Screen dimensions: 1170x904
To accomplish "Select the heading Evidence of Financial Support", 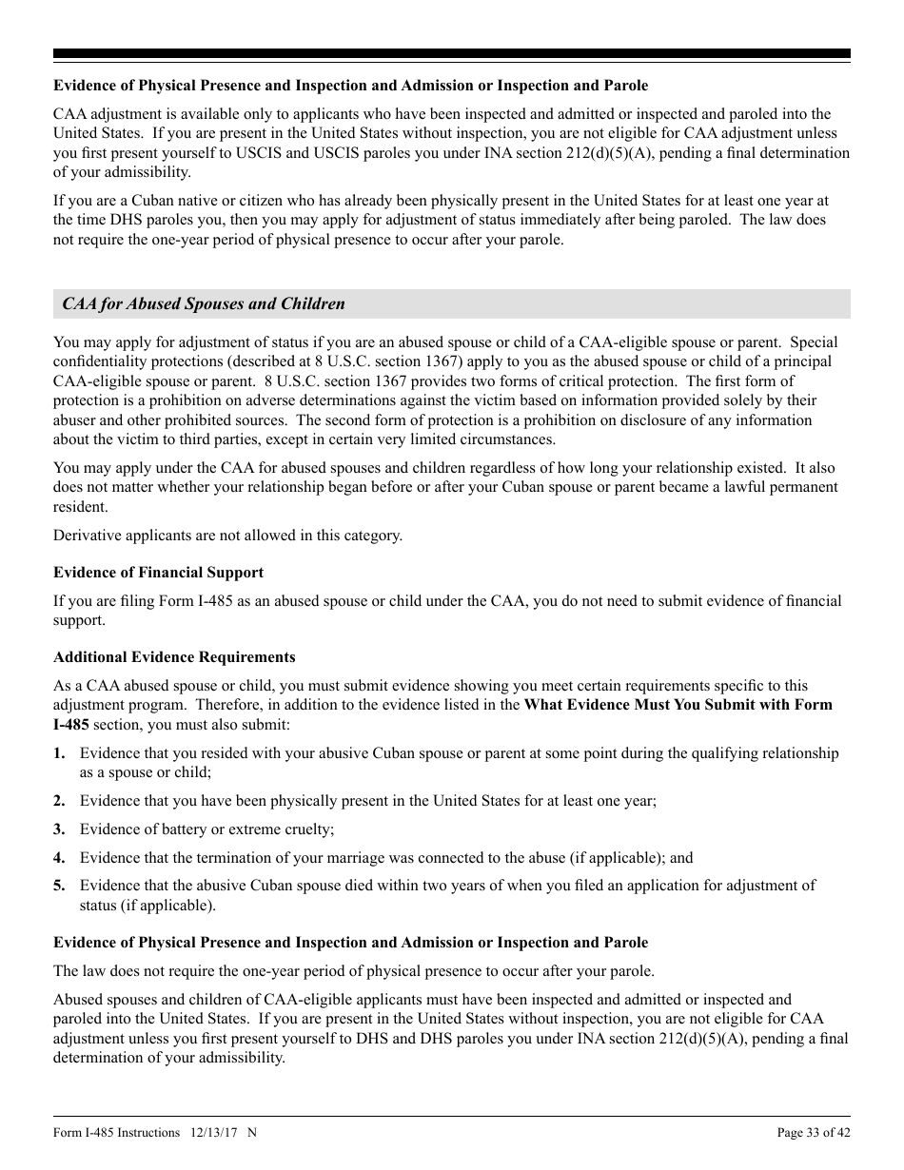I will click(158, 573).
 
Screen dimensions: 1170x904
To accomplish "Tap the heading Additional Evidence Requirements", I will click(174, 657).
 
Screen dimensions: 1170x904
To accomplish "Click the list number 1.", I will click(59, 753).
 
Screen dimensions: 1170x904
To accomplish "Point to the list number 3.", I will click(59, 829).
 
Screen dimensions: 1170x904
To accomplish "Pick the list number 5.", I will click(59, 886).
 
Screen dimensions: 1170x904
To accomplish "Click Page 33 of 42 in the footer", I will click(814, 1132).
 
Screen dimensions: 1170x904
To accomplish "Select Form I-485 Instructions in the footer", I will click(116, 1132).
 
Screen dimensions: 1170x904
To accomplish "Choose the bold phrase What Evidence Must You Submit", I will click(659, 705).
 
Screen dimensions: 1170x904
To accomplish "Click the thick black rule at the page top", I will click(452, 54).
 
